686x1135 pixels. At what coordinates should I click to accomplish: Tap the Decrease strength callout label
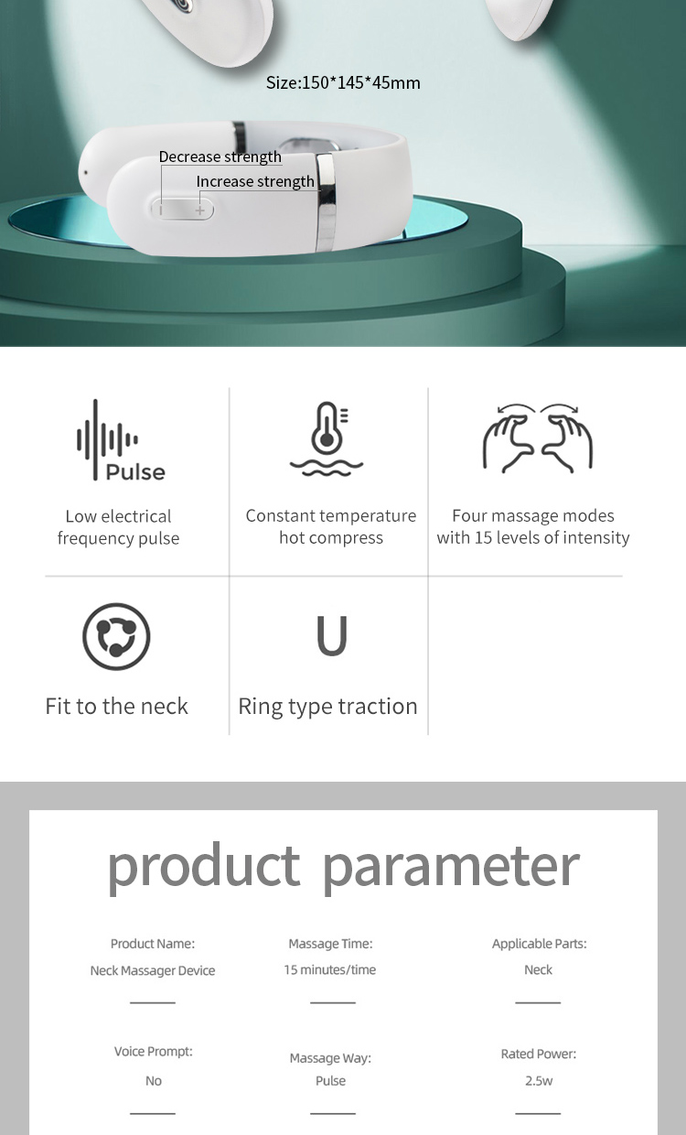pyautogui.click(x=220, y=157)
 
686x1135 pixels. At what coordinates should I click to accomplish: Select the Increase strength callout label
pyautogui.click(x=255, y=181)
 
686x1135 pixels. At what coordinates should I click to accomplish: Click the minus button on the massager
pyautogui.click(x=162, y=210)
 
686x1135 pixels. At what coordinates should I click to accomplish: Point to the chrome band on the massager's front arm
pyautogui.click(x=326, y=203)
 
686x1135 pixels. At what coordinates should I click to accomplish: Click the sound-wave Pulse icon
pyautogui.click(x=121, y=439)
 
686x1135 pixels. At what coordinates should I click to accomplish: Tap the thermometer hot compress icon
pyautogui.click(x=327, y=438)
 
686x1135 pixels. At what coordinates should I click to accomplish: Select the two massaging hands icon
pyautogui.click(x=538, y=438)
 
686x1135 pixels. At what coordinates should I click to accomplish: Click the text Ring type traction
pyautogui.click(x=328, y=707)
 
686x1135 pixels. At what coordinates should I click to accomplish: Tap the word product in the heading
pyautogui.click(x=204, y=868)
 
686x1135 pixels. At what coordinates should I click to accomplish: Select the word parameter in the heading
pyautogui.click(x=451, y=868)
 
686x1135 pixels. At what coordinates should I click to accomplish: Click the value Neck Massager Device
pyautogui.click(x=153, y=970)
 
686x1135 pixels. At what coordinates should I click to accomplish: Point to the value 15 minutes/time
pyautogui.click(x=330, y=969)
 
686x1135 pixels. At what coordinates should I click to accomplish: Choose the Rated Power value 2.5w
pyautogui.click(x=539, y=1081)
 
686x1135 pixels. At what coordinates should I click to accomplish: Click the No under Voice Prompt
pyautogui.click(x=154, y=1081)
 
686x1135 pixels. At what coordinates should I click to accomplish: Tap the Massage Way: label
pyautogui.click(x=330, y=1058)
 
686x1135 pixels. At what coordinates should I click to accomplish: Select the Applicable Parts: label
pyautogui.click(x=539, y=944)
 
